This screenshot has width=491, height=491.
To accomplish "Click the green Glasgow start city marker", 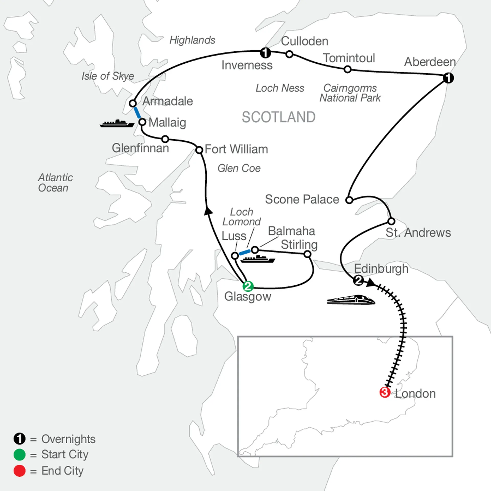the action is click(248, 286).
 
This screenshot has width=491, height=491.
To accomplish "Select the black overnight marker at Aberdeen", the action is click(448, 78).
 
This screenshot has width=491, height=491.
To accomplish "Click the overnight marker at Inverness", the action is click(265, 53).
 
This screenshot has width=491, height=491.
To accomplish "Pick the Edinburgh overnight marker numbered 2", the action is click(359, 281).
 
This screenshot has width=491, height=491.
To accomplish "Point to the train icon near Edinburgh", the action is click(351, 300).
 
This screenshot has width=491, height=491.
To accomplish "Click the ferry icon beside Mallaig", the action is click(117, 123).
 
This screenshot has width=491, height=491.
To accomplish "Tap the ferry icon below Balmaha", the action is click(258, 259).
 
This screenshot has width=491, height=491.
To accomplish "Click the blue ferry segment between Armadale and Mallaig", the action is click(137, 113).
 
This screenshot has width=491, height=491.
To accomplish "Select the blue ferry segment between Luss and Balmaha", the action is click(245, 252).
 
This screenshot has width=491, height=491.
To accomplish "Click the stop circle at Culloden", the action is click(289, 54).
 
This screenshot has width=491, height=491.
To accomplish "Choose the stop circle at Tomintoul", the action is click(348, 69).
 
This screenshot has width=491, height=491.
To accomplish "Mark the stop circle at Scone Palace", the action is click(349, 200).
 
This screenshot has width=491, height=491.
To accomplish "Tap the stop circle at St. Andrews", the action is click(391, 221).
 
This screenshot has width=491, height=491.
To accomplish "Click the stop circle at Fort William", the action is click(199, 150).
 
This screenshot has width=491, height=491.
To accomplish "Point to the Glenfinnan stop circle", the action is click(165, 139).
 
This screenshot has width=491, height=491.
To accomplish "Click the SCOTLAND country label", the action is click(278, 117).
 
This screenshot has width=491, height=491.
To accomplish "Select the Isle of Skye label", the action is click(108, 76).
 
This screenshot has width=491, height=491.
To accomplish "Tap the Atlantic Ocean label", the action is click(55, 183).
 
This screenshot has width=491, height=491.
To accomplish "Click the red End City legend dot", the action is click(19, 471).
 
